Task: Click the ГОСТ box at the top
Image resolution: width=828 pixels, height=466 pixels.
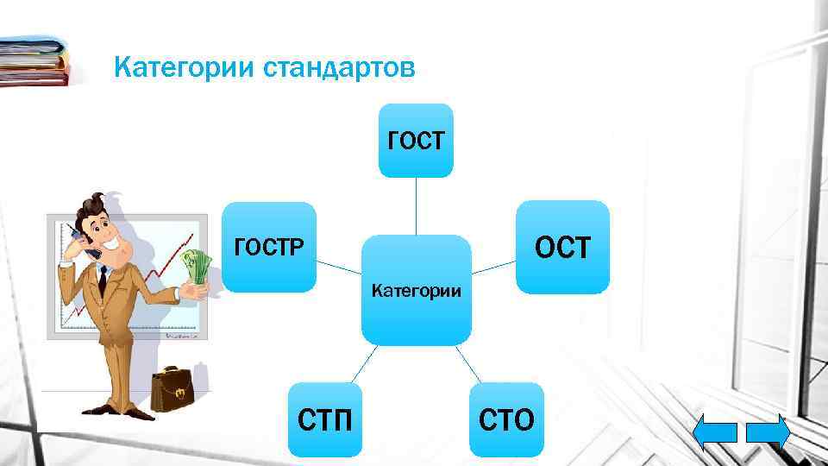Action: click(416, 141)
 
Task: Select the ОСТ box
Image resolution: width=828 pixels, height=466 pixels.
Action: click(562, 248)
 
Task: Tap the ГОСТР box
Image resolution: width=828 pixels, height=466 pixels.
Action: click(269, 248)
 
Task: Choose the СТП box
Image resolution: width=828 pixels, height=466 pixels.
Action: click(324, 419)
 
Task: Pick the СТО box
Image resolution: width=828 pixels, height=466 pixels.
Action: click(506, 419)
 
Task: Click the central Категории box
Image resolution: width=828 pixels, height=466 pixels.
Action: click(416, 290)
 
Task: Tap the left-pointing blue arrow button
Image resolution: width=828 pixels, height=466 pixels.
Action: click(715, 432)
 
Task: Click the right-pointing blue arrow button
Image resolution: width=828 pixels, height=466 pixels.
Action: click(768, 432)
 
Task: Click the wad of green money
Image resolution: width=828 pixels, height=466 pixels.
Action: click(196, 268)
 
